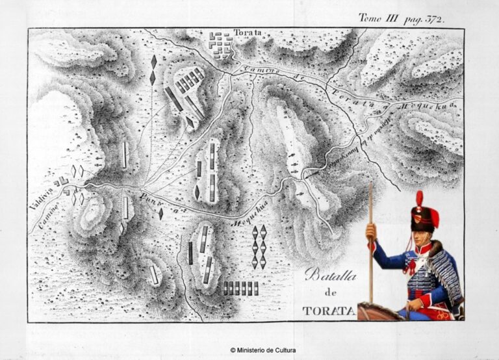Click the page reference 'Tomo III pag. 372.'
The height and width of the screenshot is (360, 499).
click(402, 19)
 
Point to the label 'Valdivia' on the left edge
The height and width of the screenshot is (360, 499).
click(40, 196)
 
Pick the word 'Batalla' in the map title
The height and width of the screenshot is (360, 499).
click(331, 276)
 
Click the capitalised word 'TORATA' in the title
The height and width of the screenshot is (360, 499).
click(329, 311)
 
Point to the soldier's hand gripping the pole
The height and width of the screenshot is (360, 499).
click(371, 231)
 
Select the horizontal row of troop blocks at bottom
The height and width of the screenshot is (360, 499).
click(240, 289)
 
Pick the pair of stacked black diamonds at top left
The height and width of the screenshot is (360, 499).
click(153, 70)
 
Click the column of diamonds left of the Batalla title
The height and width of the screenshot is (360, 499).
click(259, 247)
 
